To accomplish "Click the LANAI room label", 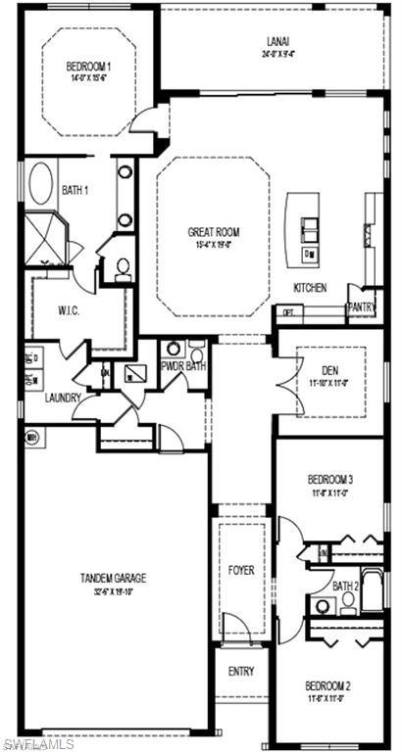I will (276, 41).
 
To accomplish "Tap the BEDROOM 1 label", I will (89, 67).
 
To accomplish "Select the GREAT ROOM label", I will (214, 232).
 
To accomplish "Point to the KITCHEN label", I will (310, 288).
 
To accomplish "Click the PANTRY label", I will (361, 306).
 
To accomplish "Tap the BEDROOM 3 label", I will (330, 480).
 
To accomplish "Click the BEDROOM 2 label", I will (327, 684).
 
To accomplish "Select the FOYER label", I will (241, 568).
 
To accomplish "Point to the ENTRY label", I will (241, 671).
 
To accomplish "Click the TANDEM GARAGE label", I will (114, 579).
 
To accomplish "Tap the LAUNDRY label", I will (62, 398).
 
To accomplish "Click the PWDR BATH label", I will (183, 367).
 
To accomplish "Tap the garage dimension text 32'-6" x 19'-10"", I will (114, 591).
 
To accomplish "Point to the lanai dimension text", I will (276, 55).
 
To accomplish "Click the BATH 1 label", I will (76, 190).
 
